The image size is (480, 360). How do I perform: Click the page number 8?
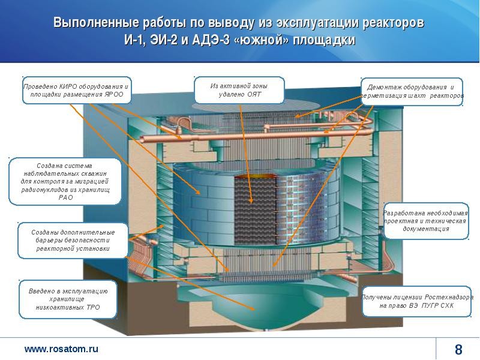pos(458,349)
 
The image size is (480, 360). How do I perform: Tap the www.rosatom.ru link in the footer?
pos(61,349)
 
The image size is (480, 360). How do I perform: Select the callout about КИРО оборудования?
pos(77,91)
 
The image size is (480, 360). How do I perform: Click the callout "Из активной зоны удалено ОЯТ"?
pos(239,90)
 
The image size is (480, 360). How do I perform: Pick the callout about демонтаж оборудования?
pos(412,91)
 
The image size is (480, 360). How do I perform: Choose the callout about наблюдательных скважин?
pos(65,181)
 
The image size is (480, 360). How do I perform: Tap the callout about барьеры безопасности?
pos(73,241)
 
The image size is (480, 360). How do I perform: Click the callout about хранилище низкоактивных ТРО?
pos(68,299)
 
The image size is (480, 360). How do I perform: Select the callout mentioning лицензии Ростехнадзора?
pos(416,301)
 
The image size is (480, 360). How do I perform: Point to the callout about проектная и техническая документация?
pos(426,221)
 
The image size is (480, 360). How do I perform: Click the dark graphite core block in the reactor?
pos(256,211)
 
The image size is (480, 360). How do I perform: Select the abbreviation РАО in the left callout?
pos(65,197)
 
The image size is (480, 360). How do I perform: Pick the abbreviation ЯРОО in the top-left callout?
pos(113,94)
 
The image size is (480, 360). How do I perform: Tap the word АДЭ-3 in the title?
pos(211,40)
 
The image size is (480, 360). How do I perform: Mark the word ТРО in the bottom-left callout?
pos(93,307)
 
